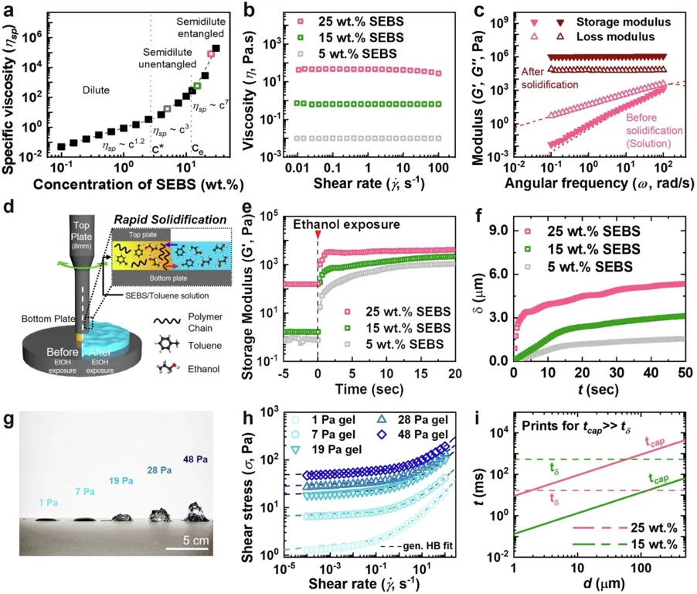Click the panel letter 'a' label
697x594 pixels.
tap(11, 11)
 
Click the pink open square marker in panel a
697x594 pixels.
tap(211, 54)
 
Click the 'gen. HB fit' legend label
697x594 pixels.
tap(428, 546)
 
